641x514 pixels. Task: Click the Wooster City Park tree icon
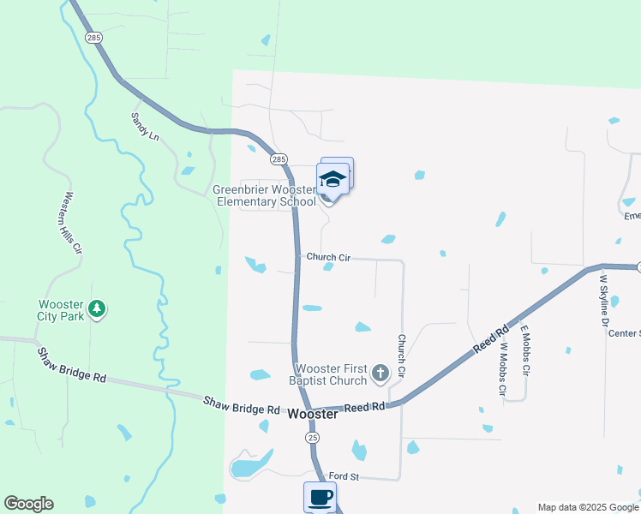click(98, 308)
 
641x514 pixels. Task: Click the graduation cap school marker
click(332, 180)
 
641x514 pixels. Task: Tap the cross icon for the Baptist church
click(380, 374)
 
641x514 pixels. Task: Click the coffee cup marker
click(320, 497)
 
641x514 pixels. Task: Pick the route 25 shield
click(313, 437)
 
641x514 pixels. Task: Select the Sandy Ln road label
click(146, 126)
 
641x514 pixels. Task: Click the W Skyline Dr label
click(603, 300)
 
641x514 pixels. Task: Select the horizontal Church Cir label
click(328, 257)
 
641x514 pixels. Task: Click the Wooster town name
click(312, 414)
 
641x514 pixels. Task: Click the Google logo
click(28, 504)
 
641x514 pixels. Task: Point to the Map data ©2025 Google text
click(588, 507)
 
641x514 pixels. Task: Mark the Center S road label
click(624, 333)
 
